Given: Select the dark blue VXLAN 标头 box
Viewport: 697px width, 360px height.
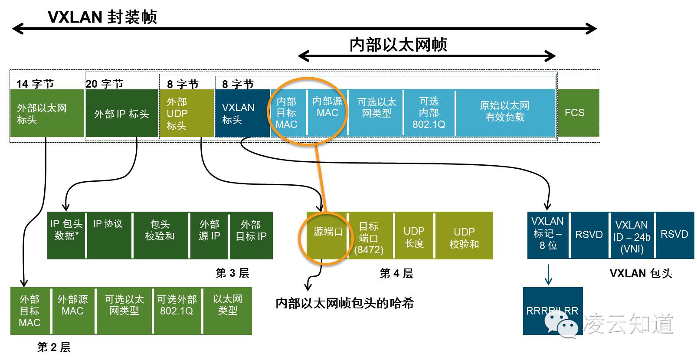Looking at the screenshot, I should (242, 113).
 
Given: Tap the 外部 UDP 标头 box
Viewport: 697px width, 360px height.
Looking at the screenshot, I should (187, 113).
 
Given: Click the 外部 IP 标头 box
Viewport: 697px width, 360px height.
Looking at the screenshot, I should (121, 114).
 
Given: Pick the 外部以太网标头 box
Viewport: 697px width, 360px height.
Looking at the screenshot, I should (47, 113).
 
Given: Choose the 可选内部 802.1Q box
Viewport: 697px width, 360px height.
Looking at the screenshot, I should (429, 113).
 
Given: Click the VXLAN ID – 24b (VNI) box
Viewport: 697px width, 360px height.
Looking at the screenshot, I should (632, 236).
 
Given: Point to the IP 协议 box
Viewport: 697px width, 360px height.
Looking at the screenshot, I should (108, 235).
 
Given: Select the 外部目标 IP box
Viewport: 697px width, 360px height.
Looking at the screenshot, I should (251, 235).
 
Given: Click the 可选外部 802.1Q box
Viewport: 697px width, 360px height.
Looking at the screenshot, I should (177, 311).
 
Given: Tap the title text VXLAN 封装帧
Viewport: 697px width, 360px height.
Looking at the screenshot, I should (102, 17).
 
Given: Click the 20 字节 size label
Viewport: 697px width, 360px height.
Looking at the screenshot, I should (105, 83).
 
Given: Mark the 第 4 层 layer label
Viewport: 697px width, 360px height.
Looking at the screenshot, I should (396, 273).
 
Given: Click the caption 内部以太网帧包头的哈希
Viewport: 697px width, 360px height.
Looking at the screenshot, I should (345, 303).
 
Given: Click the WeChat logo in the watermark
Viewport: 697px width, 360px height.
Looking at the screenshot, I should (563, 325).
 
